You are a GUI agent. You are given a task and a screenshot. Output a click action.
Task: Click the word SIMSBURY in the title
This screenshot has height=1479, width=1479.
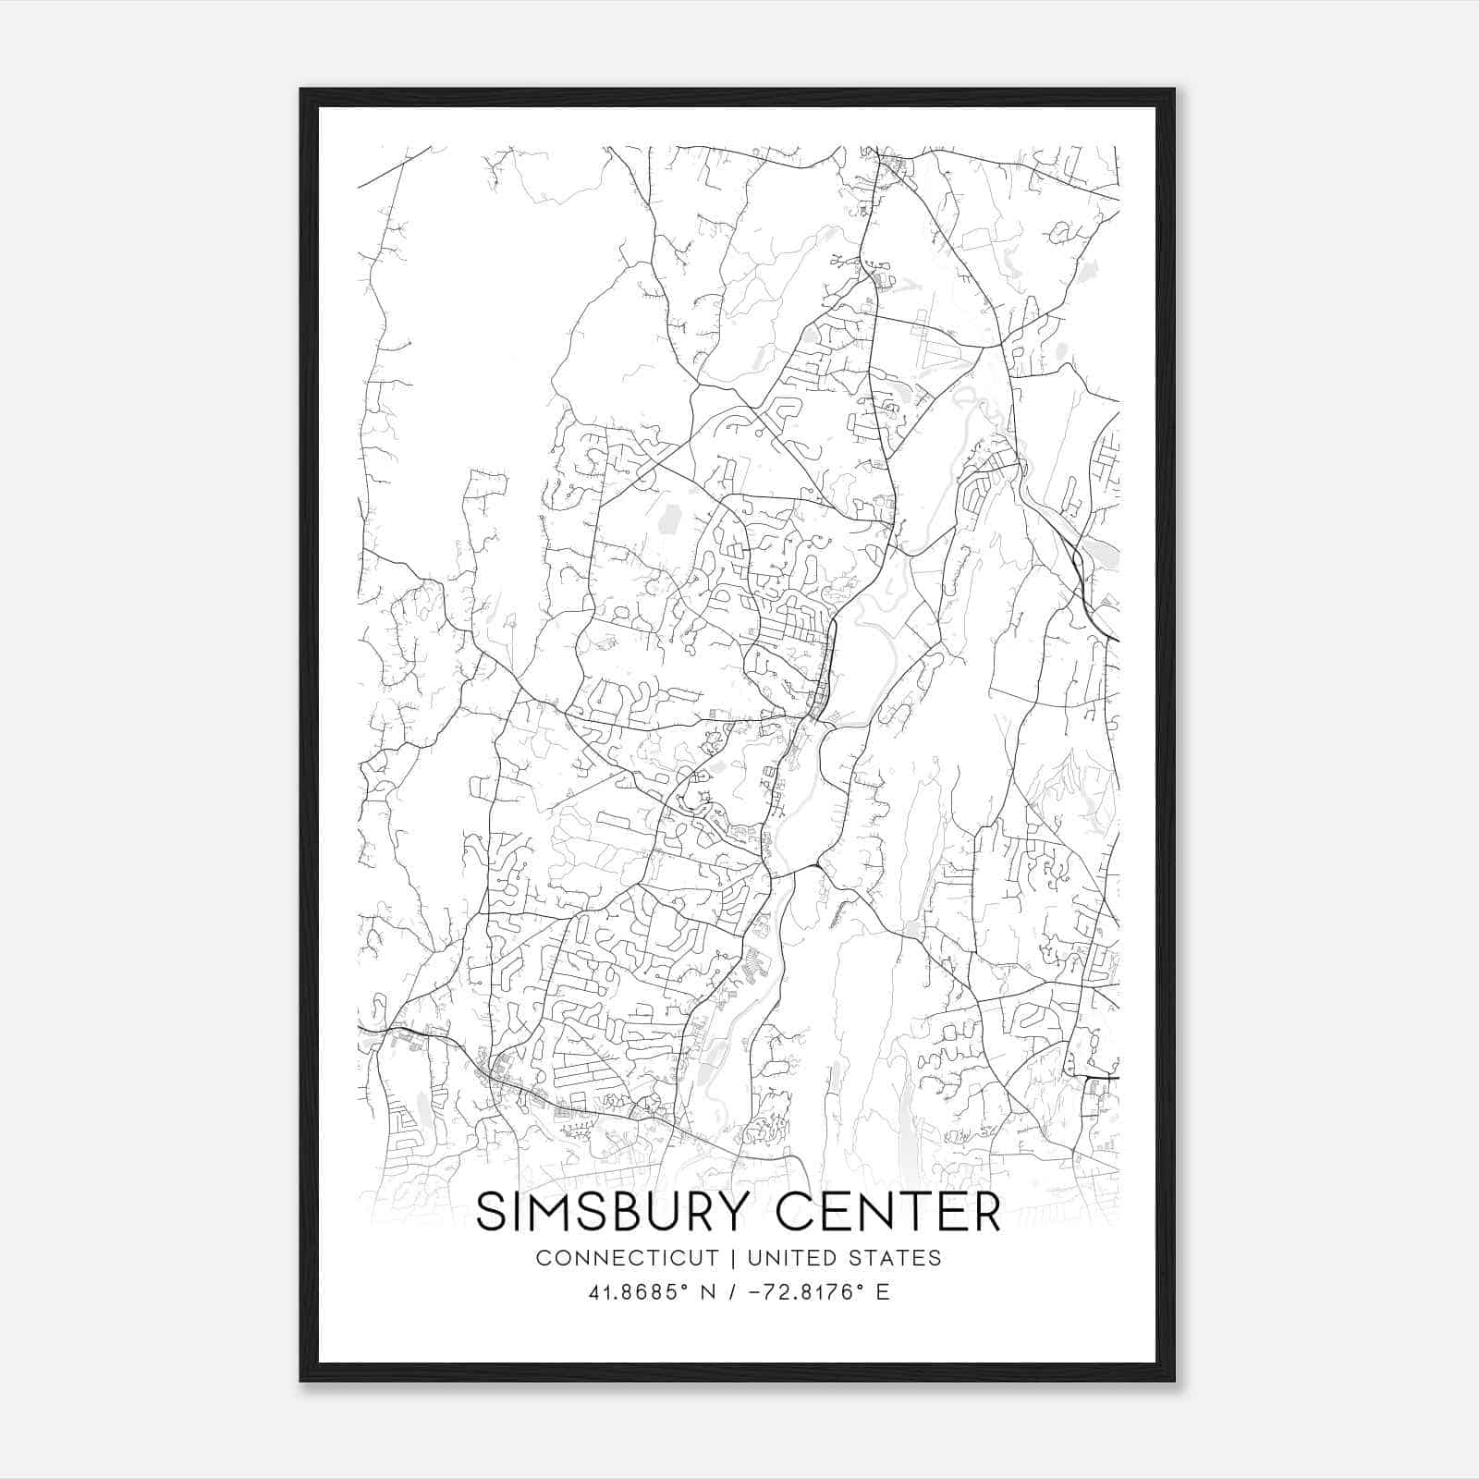pos(617,1213)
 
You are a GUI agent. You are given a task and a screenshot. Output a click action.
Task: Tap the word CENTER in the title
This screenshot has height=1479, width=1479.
pos(888,1213)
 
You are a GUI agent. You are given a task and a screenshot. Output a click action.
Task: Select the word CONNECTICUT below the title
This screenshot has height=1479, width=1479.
pos(627,1258)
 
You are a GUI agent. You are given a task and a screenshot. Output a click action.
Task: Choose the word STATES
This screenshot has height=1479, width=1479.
pos(896,1258)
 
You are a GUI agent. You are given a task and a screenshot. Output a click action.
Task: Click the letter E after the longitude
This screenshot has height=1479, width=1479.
pos(883,1292)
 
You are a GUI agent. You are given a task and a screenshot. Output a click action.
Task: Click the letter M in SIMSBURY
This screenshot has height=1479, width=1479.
pos(554,1213)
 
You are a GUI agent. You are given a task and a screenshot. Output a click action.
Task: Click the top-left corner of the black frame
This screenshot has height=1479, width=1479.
pos(301,90)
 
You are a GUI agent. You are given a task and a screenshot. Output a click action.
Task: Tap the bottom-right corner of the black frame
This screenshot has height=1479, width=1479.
pos(1174,1380)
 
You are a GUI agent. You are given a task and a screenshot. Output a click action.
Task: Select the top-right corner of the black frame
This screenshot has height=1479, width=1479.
pos(1174,90)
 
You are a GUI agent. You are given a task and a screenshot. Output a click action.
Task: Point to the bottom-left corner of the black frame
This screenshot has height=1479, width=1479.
pos(301,1380)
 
